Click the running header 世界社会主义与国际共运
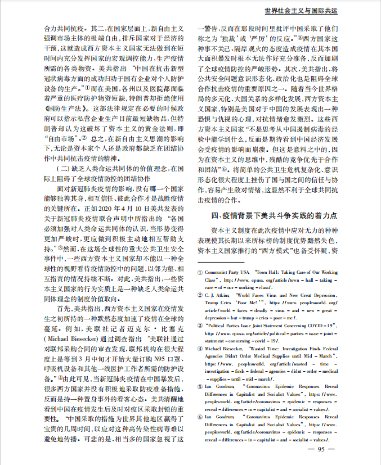tap(309, 11)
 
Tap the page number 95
tap(321, 448)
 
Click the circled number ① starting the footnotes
tap(199, 272)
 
